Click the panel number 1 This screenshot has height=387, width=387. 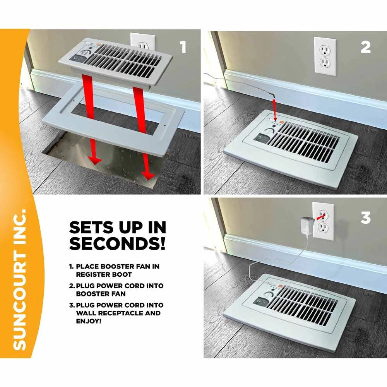(x=183, y=47)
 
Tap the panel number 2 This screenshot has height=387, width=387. (x=366, y=47)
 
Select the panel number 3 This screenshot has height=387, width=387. (x=366, y=218)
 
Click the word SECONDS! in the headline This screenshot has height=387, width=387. (x=117, y=243)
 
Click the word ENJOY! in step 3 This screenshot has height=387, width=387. (x=89, y=321)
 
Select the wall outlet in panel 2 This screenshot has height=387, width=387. (x=325, y=56)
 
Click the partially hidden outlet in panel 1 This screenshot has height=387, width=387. (x=142, y=41)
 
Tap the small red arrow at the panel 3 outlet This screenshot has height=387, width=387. (x=320, y=217)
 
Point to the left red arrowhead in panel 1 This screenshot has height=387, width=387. (x=95, y=161)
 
